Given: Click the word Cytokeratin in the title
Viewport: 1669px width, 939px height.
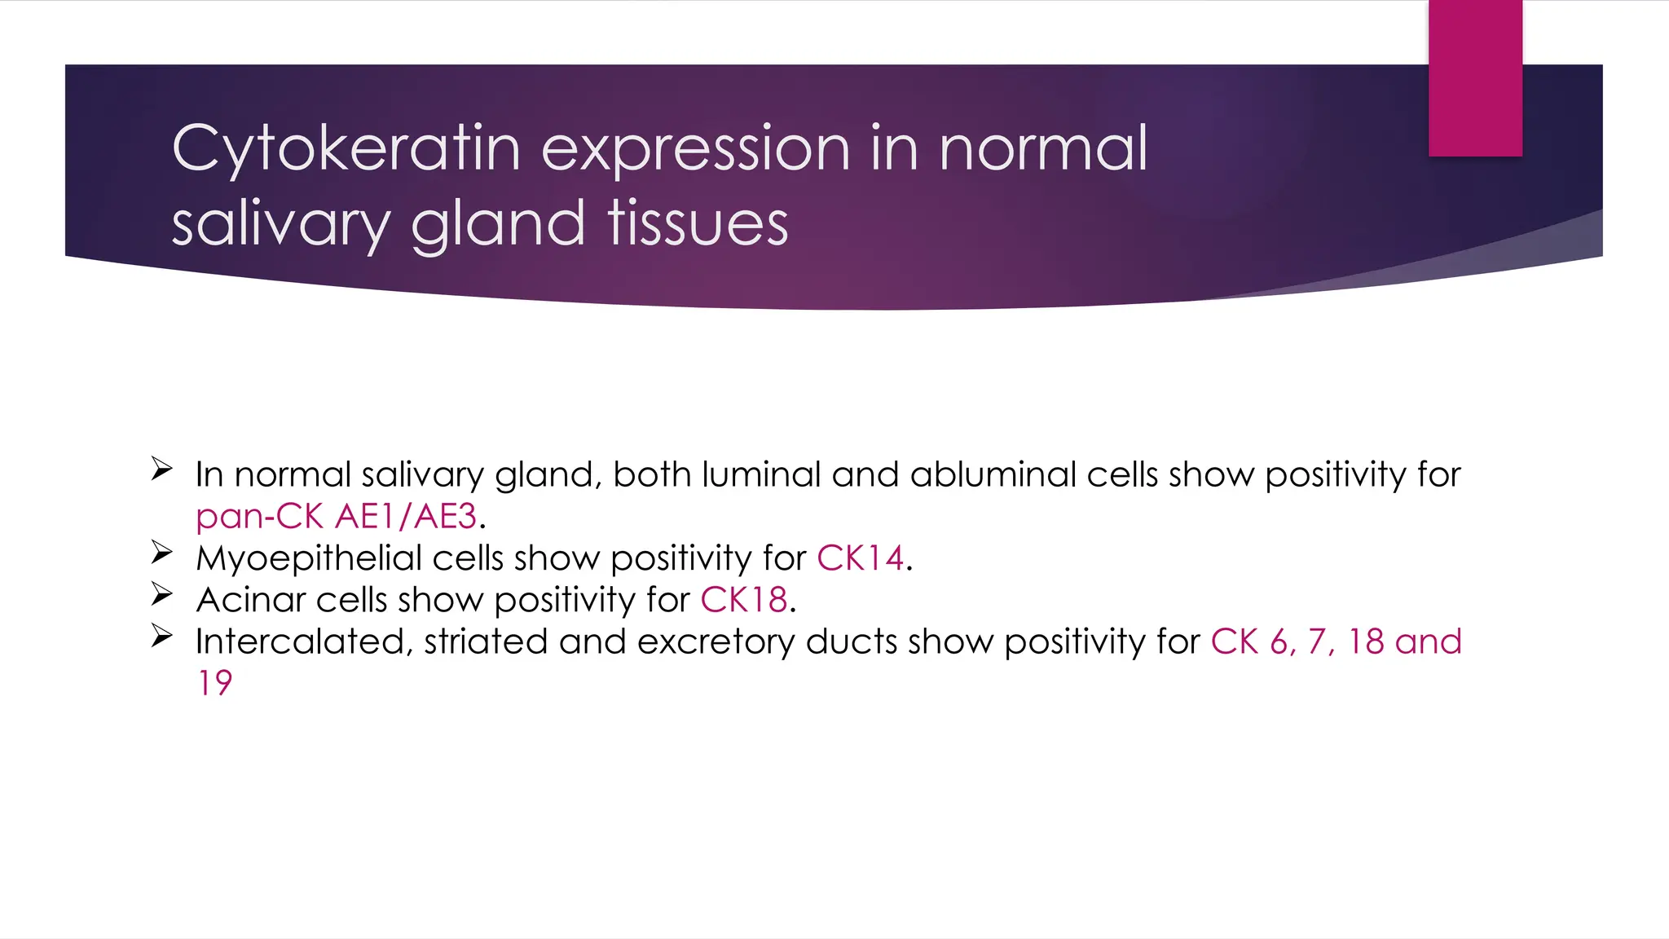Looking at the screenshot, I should click(x=346, y=149).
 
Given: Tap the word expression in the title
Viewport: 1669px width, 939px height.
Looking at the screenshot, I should click(x=696, y=149).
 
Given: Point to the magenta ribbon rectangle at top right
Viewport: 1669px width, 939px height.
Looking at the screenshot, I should click(x=1475, y=77).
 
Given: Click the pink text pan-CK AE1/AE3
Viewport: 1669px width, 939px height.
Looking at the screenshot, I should click(x=337, y=517).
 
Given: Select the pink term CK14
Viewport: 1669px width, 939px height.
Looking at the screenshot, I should click(x=860, y=558).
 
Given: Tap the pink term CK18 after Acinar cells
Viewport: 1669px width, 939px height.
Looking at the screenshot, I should click(x=743, y=600).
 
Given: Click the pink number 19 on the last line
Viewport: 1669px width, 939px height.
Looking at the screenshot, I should click(x=215, y=683).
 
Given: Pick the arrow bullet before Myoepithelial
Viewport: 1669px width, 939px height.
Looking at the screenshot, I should click(x=161, y=553).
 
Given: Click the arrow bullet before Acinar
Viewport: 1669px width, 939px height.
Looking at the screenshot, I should click(x=161, y=594).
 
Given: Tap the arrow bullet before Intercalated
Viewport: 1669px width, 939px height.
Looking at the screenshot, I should click(x=161, y=636).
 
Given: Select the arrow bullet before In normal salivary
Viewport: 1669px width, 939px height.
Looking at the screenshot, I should click(x=161, y=469).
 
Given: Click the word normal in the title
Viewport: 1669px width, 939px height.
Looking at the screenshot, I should click(x=1043, y=149).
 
